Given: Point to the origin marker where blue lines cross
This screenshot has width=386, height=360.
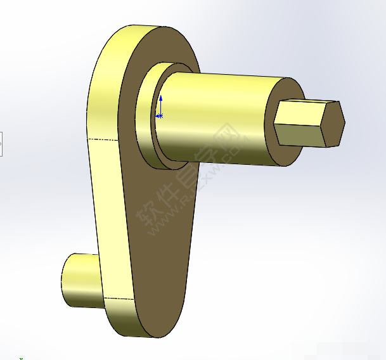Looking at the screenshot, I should point(160,116).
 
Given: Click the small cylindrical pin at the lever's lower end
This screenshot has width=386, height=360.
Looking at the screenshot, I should point(79,279).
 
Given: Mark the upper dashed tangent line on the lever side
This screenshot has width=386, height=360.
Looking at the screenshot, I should point(105,138).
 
